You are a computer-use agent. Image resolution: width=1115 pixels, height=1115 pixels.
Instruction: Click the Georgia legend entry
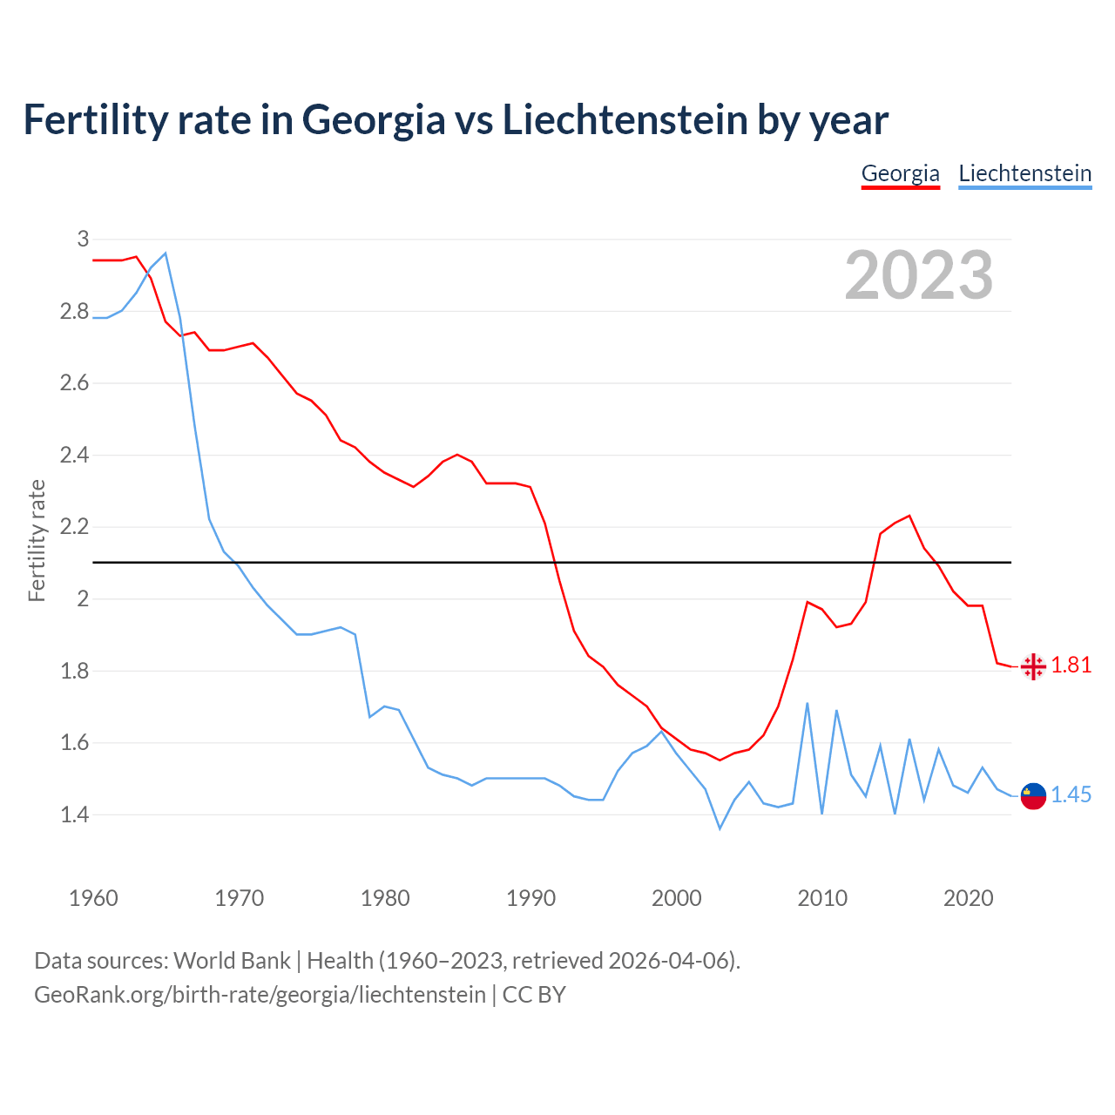click(900, 173)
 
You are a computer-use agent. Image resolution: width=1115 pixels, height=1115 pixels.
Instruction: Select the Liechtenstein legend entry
click(1024, 173)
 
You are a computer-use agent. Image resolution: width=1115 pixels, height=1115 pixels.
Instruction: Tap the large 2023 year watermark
click(918, 275)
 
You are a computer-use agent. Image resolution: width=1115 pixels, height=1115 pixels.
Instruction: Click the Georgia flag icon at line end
click(1033, 666)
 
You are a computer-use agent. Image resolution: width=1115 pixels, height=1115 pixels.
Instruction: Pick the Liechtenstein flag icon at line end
click(1033, 795)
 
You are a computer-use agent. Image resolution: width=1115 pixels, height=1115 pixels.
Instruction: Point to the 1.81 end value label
click(1071, 666)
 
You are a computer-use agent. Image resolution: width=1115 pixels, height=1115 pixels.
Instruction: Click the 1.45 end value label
click(1071, 794)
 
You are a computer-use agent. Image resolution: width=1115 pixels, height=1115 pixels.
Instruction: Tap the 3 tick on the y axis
click(83, 239)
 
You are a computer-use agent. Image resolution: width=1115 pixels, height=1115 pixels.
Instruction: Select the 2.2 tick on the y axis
click(74, 527)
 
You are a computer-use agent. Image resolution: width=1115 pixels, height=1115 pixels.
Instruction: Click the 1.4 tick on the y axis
click(74, 815)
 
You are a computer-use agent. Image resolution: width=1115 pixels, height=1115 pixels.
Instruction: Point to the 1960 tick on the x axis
click(93, 898)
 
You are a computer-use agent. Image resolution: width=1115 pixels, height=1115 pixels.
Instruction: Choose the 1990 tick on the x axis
click(530, 898)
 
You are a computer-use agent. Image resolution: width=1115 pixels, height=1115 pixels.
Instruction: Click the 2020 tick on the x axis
click(968, 898)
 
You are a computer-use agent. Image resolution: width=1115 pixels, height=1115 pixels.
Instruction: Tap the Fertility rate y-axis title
click(37, 540)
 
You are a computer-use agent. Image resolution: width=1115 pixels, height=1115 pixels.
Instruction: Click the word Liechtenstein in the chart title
click(625, 119)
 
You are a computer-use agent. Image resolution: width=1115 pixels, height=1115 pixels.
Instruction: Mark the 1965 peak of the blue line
click(166, 253)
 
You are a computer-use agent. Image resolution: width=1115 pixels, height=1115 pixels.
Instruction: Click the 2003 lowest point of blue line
click(720, 828)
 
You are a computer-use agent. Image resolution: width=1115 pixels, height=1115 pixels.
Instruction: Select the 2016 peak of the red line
click(909, 516)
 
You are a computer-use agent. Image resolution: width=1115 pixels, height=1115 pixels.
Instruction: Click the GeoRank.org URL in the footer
click(260, 994)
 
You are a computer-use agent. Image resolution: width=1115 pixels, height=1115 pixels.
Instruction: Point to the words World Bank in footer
click(232, 961)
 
